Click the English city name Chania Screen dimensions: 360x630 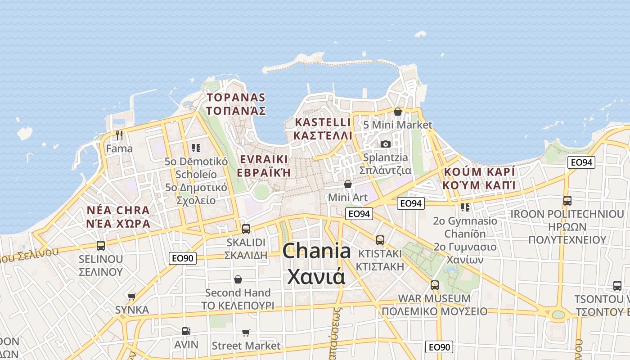316,251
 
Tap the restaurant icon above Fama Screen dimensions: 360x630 119,135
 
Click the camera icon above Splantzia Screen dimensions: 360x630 385,144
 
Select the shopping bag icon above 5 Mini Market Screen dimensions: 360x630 397,112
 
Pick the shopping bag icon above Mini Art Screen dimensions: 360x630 347,184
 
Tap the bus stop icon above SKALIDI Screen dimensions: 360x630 246,229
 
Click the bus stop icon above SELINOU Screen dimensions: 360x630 101,246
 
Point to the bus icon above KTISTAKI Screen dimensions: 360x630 380,240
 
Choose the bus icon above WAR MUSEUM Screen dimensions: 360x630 434,285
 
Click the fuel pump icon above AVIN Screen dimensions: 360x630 186,331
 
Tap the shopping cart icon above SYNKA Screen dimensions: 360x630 131,297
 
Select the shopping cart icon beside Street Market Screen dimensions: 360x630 246,333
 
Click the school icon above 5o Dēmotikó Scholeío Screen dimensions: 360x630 196,148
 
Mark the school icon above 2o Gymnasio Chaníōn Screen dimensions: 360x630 465,207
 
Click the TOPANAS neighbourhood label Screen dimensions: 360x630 236,98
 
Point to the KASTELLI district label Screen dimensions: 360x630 322,122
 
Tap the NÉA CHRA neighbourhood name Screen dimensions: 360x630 118,210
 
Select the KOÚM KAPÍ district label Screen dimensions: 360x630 479,172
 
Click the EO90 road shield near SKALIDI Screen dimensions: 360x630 183,258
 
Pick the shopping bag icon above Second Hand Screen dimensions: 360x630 238,279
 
